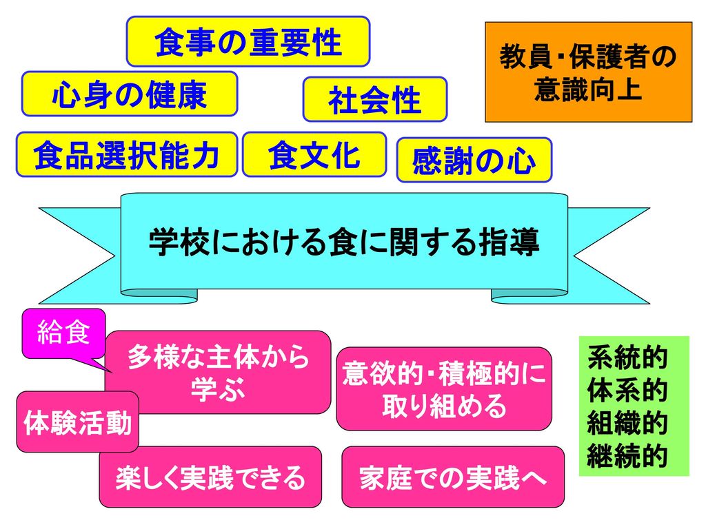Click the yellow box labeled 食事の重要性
(x=248, y=42)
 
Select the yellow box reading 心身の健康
(x=130, y=94)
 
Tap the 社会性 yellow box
(x=375, y=99)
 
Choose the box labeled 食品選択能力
(x=127, y=154)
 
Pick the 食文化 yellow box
(x=314, y=154)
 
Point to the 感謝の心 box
(x=474, y=160)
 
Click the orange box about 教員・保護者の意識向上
(x=589, y=72)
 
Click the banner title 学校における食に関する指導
(x=344, y=242)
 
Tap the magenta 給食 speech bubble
(x=64, y=333)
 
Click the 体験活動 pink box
(x=77, y=422)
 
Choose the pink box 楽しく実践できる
(x=210, y=477)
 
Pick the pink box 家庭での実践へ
(x=453, y=477)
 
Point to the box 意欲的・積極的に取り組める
(x=444, y=388)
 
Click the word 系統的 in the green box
(x=627, y=357)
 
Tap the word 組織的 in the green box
(x=627, y=423)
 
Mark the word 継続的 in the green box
(x=627, y=456)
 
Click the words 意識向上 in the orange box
(x=588, y=89)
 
